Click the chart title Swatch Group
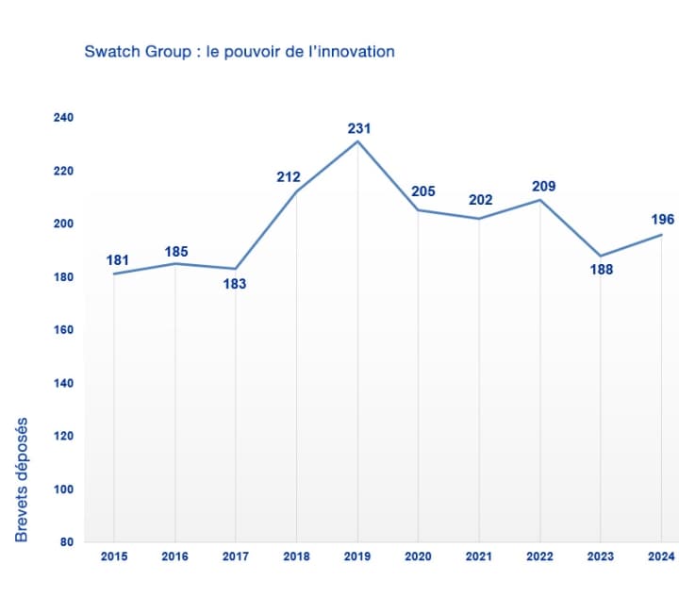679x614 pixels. click(239, 51)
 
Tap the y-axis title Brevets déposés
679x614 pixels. click(22, 480)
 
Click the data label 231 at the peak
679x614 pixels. click(358, 127)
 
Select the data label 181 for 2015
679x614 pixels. click(118, 259)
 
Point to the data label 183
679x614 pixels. click(235, 283)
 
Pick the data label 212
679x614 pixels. click(289, 176)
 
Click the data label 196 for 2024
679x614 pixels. click(663, 219)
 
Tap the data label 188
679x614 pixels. click(602, 270)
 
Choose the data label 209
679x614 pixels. click(543, 186)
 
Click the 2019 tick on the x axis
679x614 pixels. click(357, 556)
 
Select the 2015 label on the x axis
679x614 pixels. click(113, 556)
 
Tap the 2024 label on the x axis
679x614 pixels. click(662, 556)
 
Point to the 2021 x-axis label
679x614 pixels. click(479, 556)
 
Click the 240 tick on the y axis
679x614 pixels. click(63, 117)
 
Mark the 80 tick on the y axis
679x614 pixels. click(67, 541)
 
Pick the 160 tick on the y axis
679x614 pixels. click(63, 330)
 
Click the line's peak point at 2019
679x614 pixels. click(357, 141)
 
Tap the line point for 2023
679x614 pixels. click(602, 256)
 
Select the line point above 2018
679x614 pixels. click(296, 191)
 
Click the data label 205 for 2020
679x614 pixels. click(423, 191)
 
